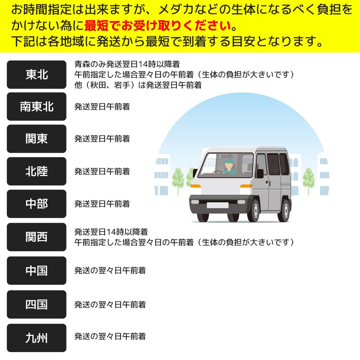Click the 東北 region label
36,75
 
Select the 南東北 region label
36,107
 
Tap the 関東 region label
36,139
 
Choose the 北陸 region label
36,171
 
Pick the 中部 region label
36,204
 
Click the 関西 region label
36,237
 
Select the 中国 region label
36,270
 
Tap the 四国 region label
36,305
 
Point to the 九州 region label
36,338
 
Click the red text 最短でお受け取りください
158,26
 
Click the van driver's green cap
228,161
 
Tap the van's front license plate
217,205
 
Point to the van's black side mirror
260,174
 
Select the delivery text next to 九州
110,337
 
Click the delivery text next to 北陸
102,171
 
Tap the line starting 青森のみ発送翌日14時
127,64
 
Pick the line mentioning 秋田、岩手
138,85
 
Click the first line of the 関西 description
111,232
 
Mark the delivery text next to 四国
110,305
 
